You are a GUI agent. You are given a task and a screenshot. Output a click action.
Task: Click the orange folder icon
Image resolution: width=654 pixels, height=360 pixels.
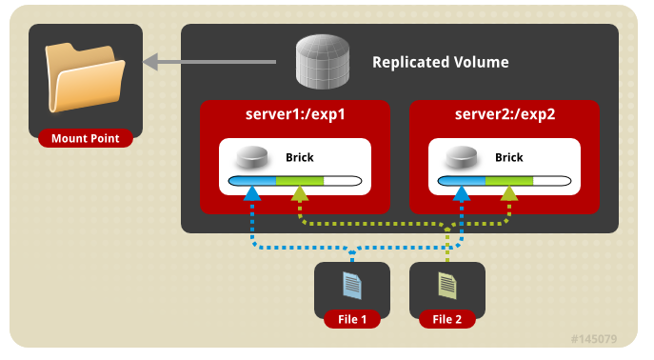(x=85, y=77)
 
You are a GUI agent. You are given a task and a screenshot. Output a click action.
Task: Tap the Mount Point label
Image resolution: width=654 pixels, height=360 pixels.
(x=86, y=138)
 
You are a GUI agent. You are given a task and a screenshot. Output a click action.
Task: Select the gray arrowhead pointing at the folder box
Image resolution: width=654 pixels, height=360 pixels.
(x=150, y=62)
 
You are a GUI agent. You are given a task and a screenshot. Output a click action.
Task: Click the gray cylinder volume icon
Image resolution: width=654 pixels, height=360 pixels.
(x=323, y=61)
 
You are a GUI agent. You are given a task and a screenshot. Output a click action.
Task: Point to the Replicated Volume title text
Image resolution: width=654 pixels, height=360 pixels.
(x=441, y=62)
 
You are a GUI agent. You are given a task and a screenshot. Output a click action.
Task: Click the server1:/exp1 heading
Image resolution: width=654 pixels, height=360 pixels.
(x=295, y=114)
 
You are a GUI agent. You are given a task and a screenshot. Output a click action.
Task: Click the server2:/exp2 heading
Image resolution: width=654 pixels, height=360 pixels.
(x=505, y=114)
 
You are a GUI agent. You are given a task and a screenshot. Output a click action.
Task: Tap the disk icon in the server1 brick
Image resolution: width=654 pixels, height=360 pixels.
(x=252, y=157)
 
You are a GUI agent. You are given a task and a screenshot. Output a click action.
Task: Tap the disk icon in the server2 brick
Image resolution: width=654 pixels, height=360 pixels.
(x=462, y=157)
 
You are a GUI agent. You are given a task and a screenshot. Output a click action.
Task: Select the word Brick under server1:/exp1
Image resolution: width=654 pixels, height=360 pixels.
(x=300, y=157)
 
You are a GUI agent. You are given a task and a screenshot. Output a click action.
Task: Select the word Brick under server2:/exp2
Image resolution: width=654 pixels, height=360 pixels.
(x=509, y=157)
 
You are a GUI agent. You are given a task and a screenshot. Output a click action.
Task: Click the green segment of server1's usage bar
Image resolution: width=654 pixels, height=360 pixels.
(x=300, y=181)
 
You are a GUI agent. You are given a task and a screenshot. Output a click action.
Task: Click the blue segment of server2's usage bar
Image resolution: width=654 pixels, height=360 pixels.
(x=462, y=181)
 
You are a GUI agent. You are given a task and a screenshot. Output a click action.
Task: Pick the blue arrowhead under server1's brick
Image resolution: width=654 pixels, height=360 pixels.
(x=252, y=193)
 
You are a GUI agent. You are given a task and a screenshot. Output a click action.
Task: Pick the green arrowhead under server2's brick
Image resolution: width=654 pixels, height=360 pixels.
(x=509, y=193)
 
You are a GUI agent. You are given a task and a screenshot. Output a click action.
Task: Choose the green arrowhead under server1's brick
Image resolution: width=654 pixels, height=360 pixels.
(x=300, y=193)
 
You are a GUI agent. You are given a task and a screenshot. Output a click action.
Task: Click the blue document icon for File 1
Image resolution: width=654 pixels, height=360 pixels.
(x=352, y=286)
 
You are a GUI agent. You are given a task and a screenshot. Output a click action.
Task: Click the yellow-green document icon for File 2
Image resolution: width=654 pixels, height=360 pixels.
(x=447, y=286)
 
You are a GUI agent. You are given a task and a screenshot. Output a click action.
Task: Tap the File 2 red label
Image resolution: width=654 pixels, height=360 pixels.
(x=447, y=319)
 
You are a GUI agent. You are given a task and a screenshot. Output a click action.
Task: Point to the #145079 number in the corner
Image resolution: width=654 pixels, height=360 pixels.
(x=593, y=339)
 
